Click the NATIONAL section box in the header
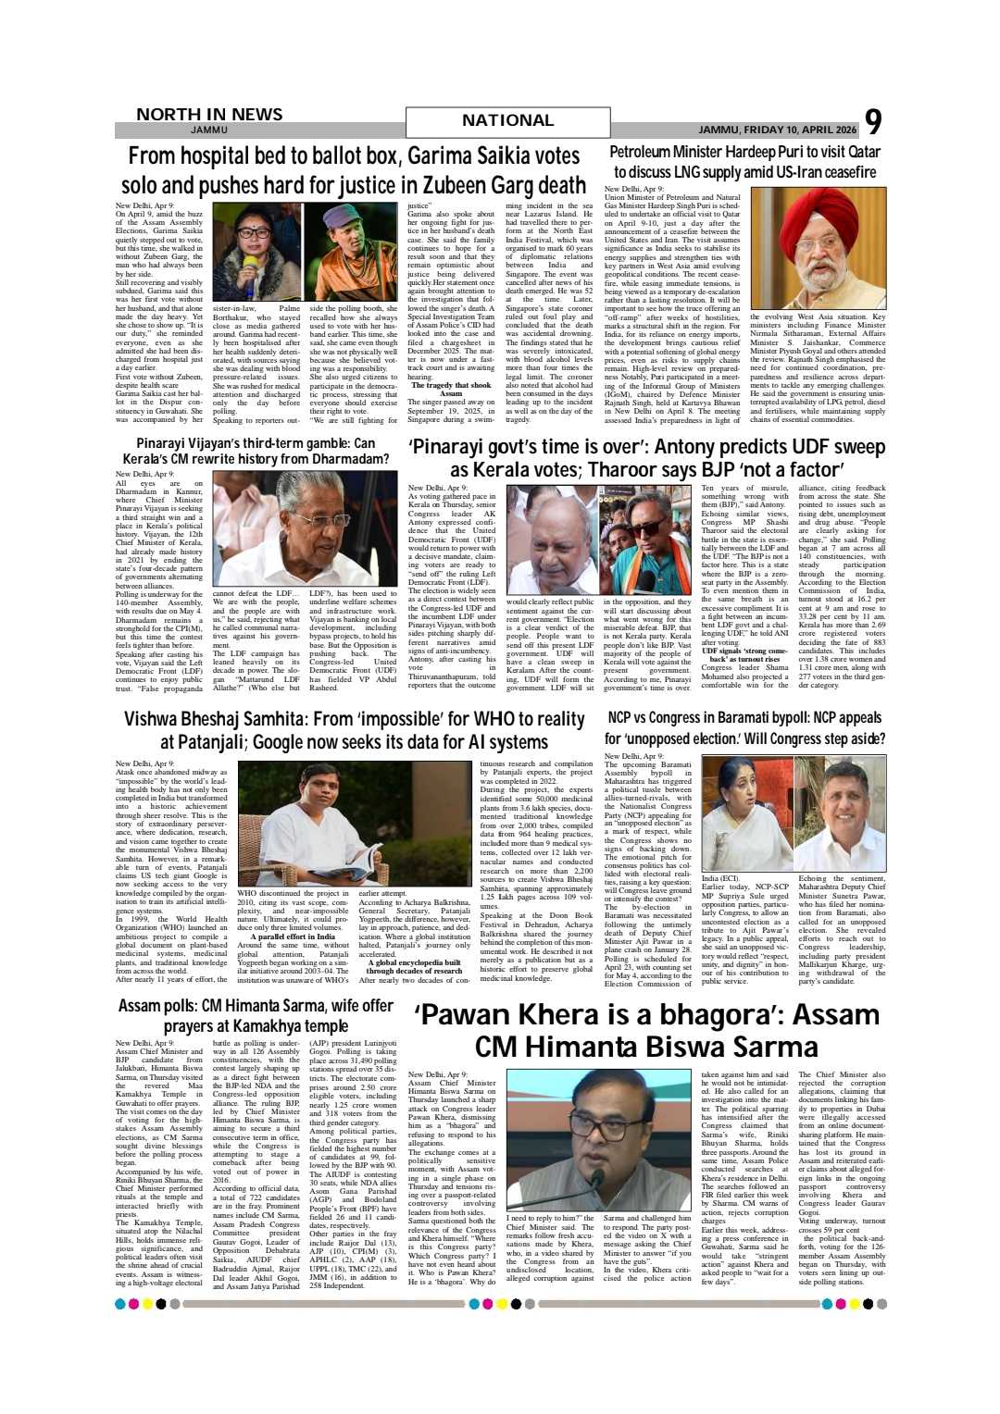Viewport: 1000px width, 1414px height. [x=507, y=121]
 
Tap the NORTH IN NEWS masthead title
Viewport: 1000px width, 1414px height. [x=209, y=114]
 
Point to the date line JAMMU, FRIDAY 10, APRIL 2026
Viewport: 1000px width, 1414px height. [x=777, y=130]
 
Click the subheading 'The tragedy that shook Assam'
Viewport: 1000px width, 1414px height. [x=450, y=389]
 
